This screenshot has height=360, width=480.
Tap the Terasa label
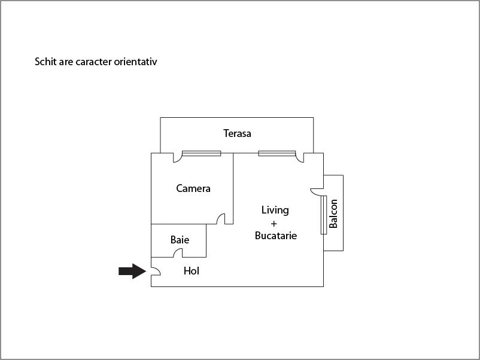coord(237,133)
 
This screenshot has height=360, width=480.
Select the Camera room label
coord(193,188)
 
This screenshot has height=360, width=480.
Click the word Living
coord(275,210)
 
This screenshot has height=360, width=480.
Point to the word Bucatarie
coord(276,236)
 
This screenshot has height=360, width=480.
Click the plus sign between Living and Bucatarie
coord(274,223)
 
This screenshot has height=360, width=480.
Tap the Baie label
coord(180,240)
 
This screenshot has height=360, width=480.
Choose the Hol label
coord(192,271)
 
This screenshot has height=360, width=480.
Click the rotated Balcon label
coord(333,213)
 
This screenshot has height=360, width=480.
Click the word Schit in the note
coord(45,62)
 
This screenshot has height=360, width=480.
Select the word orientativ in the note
coord(136,62)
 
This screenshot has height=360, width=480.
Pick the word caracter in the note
coord(89,62)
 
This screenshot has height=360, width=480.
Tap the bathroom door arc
coord(178,253)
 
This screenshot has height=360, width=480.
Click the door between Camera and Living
coord(221,219)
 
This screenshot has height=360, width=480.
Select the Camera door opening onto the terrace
coord(177,158)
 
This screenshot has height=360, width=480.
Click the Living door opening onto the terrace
coord(299,158)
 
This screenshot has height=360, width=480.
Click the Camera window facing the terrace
coord(201,154)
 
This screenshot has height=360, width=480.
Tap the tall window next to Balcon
coord(324,214)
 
